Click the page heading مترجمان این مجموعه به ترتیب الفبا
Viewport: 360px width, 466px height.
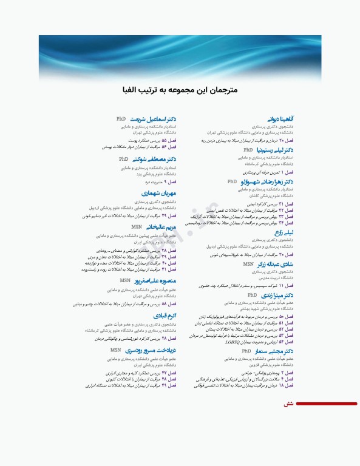[x=180, y=90]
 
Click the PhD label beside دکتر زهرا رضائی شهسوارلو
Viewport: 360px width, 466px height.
[x=232, y=181]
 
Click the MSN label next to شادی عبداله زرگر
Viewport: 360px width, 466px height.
[x=248, y=265]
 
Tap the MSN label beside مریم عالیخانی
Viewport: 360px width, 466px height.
[x=137, y=226]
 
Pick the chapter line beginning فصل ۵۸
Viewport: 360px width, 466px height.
[x=125, y=303]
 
